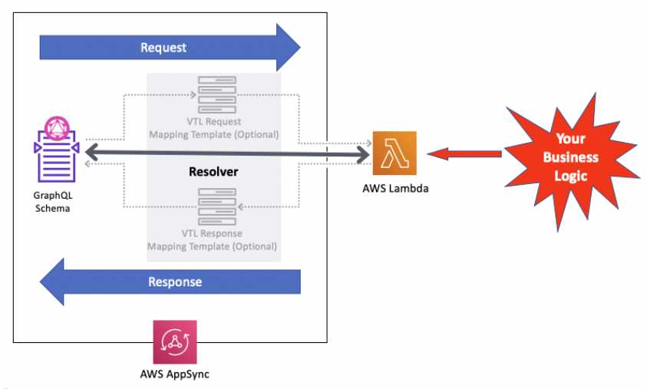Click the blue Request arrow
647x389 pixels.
click(x=170, y=48)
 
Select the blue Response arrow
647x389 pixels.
click(x=170, y=282)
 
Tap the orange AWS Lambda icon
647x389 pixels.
click(x=394, y=153)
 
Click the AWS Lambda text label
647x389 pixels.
click(x=395, y=189)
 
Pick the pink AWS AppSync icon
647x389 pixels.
click(x=175, y=342)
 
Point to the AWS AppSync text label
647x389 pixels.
click(x=174, y=374)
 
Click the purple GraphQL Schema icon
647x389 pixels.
click(x=57, y=150)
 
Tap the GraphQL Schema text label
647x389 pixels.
click(x=53, y=202)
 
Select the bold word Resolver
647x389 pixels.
click(x=213, y=172)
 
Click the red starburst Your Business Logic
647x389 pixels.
click(x=571, y=161)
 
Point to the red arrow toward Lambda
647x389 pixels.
click(x=464, y=154)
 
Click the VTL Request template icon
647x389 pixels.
click(x=217, y=94)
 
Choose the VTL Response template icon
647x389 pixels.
click(x=217, y=206)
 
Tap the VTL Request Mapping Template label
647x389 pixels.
click(x=213, y=128)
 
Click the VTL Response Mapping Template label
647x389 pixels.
click(x=212, y=240)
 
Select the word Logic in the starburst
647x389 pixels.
click(x=571, y=176)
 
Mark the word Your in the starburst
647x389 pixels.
click(x=571, y=139)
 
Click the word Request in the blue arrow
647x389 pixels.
click(x=163, y=48)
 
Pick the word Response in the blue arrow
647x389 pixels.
click(x=175, y=282)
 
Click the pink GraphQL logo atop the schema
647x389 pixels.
click(x=57, y=128)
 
